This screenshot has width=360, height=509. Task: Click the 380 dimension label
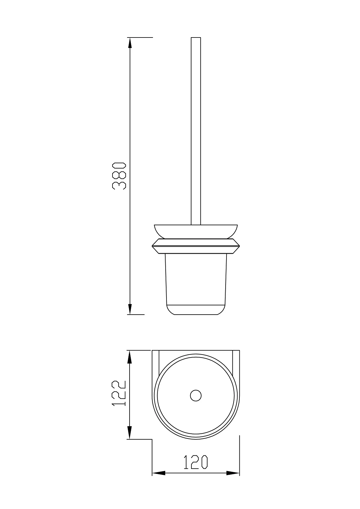coord(119,176)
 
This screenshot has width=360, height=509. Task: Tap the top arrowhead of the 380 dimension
coord(130,43)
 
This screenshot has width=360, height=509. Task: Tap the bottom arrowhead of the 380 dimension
coord(130,309)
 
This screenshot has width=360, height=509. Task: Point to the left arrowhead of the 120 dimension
coord(159,480)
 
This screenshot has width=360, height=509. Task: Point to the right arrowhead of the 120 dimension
coord(233,480)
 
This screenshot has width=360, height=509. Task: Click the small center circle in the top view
coord(196,396)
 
